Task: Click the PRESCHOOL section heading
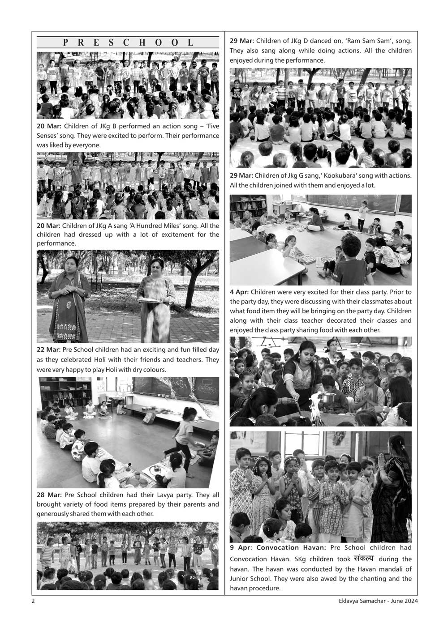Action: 128,43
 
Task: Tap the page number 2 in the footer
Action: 33,601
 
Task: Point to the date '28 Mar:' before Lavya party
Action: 49,495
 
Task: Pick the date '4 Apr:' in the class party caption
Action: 239,292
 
